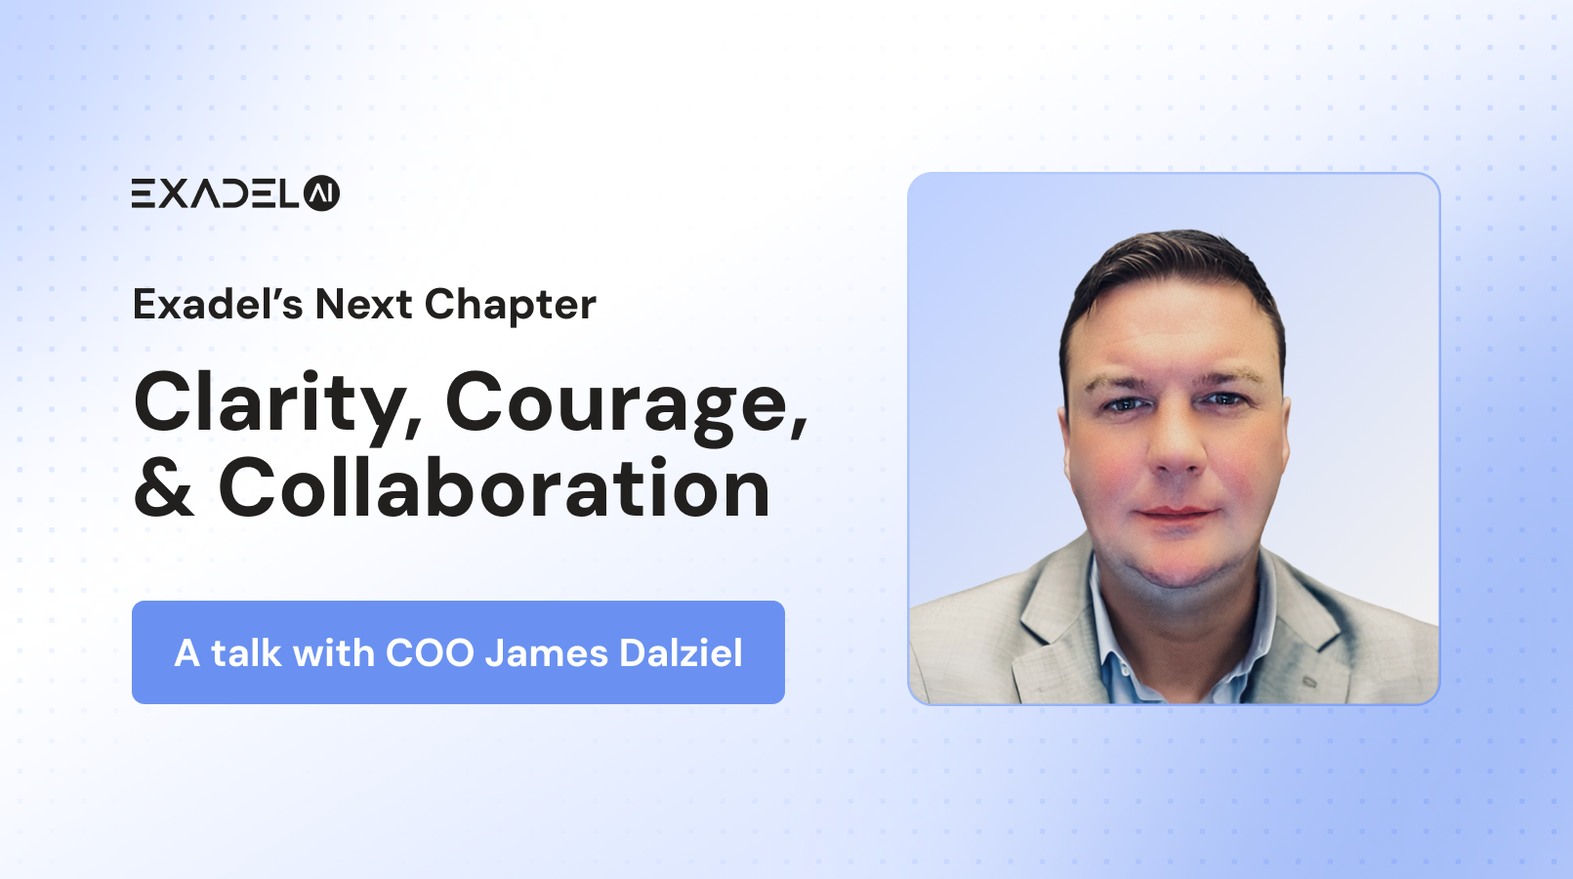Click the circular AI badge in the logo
point(321,193)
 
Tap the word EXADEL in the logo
point(215,193)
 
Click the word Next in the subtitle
point(363,305)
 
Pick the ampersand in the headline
point(164,488)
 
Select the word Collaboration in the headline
point(494,487)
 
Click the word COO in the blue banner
point(430,652)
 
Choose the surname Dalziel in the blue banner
point(681,652)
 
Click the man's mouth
point(1178,513)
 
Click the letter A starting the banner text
point(186,653)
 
